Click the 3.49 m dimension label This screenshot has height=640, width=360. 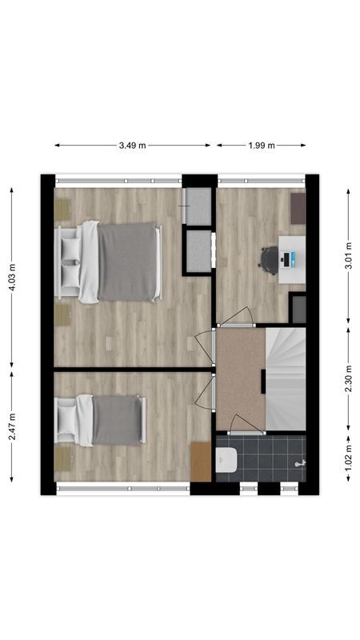point(132,146)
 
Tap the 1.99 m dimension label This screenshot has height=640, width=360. point(261,146)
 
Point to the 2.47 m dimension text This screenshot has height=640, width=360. point(11,433)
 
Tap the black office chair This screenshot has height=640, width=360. point(269,258)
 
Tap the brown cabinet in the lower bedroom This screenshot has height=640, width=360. point(201,462)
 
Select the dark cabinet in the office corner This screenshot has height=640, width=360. point(298,209)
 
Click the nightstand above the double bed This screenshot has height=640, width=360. point(62,209)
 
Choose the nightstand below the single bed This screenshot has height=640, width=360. point(62,457)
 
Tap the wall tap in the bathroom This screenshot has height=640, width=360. point(300,463)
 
